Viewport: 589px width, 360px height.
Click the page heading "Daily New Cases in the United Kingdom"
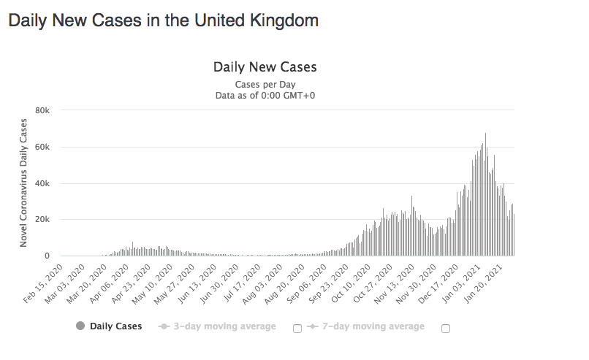pyautogui.click(x=163, y=20)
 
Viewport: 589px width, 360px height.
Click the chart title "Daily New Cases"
pyautogui.click(x=265, y=67)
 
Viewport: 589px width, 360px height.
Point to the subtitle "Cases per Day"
pyautogui.click(x=265, y=85)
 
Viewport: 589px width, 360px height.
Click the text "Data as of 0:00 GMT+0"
pyautogui.click(x=265, y=96)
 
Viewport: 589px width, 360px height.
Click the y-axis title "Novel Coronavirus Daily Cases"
pyautogui.click(x=23, y=183)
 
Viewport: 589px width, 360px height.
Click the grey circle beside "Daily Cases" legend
pyautogui.click(x=80, y=326)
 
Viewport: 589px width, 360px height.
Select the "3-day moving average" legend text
pyautogui.click(x=224, y=326)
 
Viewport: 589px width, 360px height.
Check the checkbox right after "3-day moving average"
pyautogui.click(x=297, y=329)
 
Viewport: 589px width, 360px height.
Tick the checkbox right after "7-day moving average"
pyautogui.click(x=446, y=329)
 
